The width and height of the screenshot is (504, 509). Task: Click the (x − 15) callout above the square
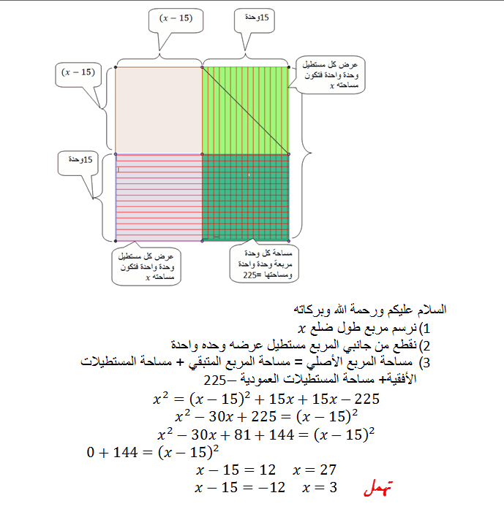click(176, 20)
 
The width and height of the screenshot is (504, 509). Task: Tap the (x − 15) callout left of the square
click(78, 75)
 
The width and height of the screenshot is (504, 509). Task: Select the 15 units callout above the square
click(255, 20)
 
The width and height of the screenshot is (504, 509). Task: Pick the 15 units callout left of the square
click(78, 164)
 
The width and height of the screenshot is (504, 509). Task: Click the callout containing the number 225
click(264, 264)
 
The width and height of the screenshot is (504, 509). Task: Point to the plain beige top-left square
click(159, 110)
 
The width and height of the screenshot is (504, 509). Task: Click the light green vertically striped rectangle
click(246, 110)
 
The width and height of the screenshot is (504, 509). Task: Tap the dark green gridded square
click(246, 197)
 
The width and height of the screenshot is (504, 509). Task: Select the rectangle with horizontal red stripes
click(159, 197)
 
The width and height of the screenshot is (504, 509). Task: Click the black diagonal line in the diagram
click(246, 111)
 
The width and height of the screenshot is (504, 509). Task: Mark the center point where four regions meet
click(202, 154)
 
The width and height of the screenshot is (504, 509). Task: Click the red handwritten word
click(378, 488)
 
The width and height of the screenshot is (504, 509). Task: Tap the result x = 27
click(315, 470)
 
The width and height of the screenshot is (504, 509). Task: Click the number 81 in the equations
click(242, 435)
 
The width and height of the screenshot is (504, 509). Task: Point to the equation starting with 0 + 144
click(152, 452)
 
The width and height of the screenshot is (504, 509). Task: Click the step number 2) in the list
click(424, 345)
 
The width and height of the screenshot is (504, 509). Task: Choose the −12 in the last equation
click(273, 488)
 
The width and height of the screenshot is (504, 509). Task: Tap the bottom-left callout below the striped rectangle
click(146, 266)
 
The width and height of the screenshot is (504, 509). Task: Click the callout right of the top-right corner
click(330, 74)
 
